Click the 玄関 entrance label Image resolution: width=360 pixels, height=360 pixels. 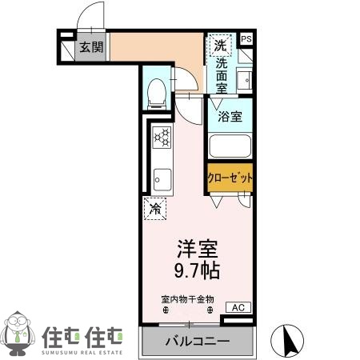[91, 47]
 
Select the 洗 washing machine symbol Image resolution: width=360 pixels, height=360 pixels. [219, 45]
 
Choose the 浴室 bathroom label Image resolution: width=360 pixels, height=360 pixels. [230, 117]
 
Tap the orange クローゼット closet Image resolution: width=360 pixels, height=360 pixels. [230, 178]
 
